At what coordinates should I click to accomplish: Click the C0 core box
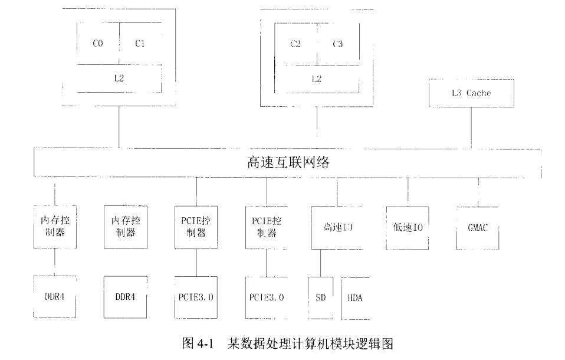pos(98,44)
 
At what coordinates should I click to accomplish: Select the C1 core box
pos(140,44)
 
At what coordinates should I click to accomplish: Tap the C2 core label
pos(296,44)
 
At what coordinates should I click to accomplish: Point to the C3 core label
pos(337,44)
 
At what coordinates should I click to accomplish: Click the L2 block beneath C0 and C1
pos(119,78)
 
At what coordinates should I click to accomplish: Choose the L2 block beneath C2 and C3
pos(316,78)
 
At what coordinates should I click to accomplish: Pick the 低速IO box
pos(408,227)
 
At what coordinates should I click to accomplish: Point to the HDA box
pos(354,297)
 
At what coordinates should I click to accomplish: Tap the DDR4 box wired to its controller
pos(55,297)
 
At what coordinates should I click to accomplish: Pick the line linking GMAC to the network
pos(478,192)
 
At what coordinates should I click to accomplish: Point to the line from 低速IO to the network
pos(408,192)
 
